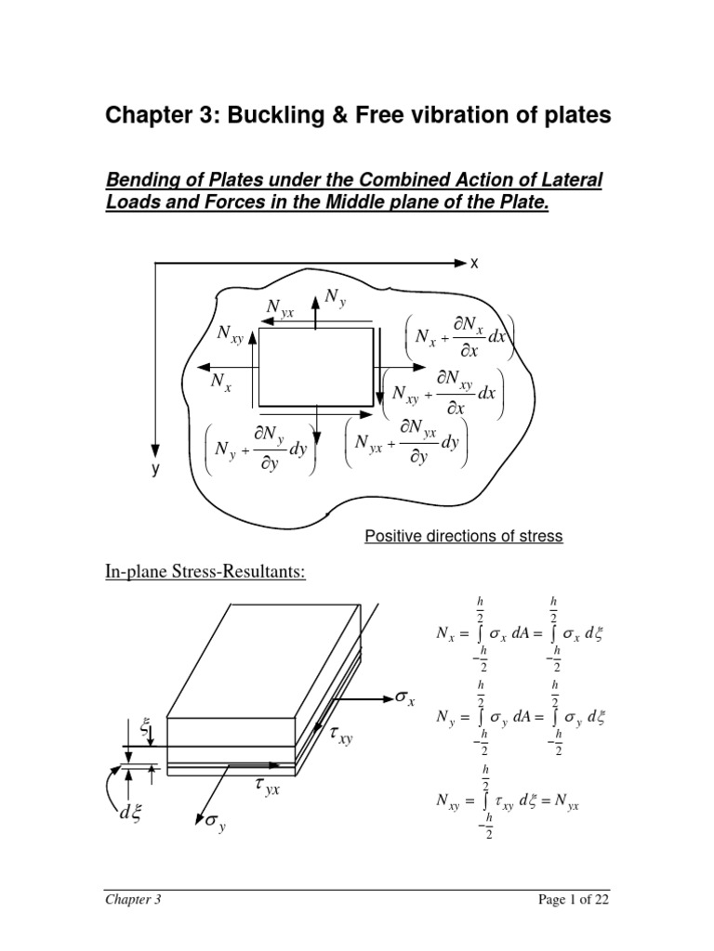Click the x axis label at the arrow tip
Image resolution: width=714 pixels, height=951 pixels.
click(473, 264)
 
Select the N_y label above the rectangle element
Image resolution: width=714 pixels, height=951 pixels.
click(335, 297)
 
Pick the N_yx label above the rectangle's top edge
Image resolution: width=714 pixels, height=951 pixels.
click(280, 309)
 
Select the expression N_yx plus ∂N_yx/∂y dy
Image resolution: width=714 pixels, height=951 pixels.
click(407, 443)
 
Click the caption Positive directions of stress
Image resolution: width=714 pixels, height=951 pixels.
click(463, 536)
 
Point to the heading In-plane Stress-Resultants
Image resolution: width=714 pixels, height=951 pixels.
click(205, 569)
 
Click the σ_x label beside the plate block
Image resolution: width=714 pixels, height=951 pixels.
click(405, 698)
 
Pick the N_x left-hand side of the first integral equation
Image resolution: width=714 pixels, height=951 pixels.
click(448, 633)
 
